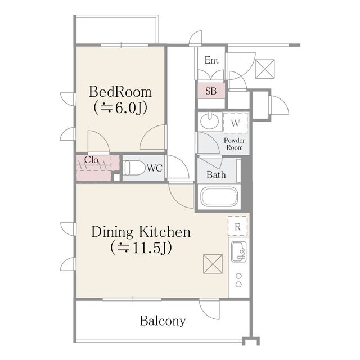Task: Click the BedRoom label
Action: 120,92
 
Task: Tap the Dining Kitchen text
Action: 141,232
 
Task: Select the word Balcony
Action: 163,321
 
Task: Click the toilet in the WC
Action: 134,168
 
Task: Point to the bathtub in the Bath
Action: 219,197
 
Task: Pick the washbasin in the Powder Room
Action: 209,120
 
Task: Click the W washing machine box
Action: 235,123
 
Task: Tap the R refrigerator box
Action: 237,227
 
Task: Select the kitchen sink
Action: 238,251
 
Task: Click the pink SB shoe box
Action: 211,91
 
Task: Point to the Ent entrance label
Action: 211,60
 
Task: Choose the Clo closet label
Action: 91,160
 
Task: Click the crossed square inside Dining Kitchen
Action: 213,264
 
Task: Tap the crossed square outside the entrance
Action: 265,69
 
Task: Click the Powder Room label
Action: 235,144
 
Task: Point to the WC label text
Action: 155,168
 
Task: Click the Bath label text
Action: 216,175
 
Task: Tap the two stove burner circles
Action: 238,280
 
